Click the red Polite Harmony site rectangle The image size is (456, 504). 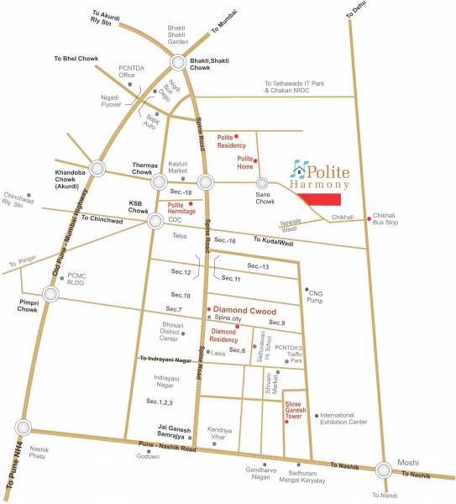[x=322, y=199]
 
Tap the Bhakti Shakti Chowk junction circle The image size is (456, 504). [x=180, y=63]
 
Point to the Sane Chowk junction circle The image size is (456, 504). [x=263, y=182]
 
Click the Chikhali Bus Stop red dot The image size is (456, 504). [x=368, y=219]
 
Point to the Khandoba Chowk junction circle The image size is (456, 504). [x=98, y=168]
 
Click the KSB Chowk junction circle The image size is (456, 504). [x=155, y=221]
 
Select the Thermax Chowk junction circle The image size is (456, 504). [x=157, y=181]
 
